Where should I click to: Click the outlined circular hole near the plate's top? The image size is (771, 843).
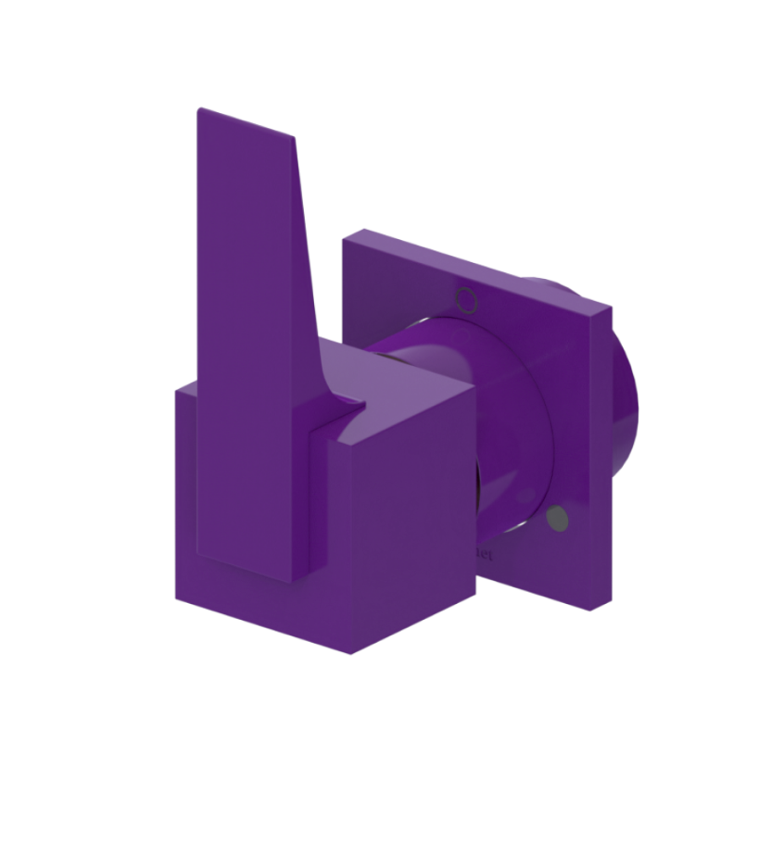click(x=466, y=299)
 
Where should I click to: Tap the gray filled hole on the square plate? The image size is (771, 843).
click(x=557, y=519)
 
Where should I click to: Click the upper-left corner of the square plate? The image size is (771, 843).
click(x=345, y=239)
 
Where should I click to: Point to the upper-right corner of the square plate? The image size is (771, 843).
click(x=610, y=307)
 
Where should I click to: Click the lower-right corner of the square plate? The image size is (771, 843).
click(x=589, y=610)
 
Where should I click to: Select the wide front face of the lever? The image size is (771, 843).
click(x=246, y=352)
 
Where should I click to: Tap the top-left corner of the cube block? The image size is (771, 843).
click(x=177, y=390)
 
